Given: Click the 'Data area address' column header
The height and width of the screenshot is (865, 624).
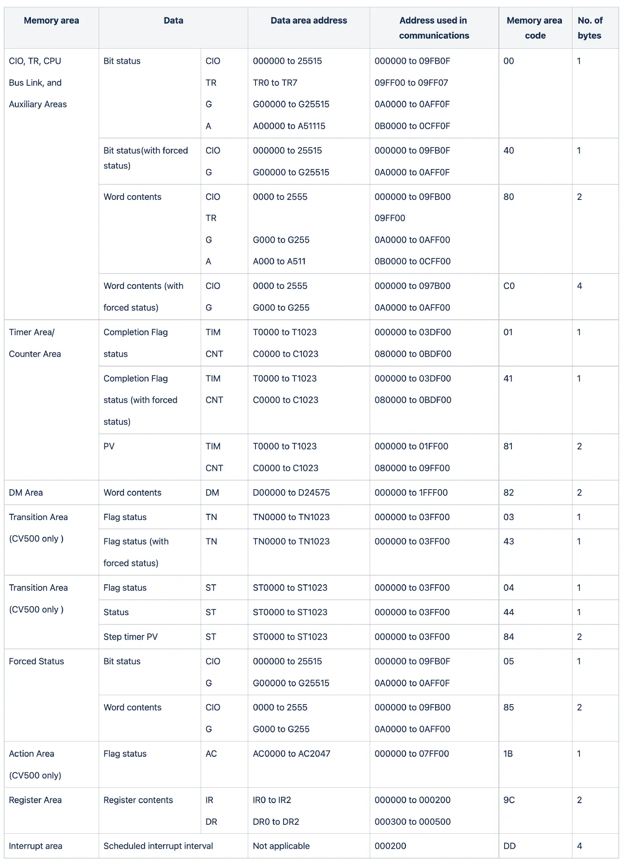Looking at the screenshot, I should click(x=309, y=20).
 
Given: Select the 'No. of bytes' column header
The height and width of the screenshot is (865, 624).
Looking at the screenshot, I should click(x=590, y=28).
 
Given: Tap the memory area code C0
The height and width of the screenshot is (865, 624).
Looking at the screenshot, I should click(x=509, y=286).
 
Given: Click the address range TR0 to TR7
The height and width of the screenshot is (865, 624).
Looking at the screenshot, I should click(x=275, y=83).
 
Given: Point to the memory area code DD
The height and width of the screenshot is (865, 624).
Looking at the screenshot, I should click(x=509, y=846).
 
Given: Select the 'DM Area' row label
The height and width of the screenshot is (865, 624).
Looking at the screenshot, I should click(x=26, y=492).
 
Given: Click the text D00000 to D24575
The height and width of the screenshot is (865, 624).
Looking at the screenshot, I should click(x=291, y=492).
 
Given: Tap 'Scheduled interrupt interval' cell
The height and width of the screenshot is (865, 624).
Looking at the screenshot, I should click(x=158, y=846).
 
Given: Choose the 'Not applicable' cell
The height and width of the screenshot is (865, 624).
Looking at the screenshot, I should click(x=281, y=846).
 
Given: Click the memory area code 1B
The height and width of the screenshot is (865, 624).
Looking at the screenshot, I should click(x=508, y=754).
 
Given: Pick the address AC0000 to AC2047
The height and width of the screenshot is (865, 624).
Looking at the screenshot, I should click(x=292, y=754).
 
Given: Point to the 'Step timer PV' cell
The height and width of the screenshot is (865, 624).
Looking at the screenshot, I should click(x=130, y=637).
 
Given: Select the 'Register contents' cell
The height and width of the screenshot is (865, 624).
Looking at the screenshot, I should click(x=138, y=800).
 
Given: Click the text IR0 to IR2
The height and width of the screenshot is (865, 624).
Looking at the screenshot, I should click(x=272, y=800).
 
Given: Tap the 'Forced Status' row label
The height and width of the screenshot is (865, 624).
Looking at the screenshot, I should click(x=37, y=661).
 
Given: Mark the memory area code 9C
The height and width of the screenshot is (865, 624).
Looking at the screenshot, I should click(x=509, y=800).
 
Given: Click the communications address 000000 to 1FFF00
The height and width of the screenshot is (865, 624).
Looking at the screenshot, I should click(x=411, y=492).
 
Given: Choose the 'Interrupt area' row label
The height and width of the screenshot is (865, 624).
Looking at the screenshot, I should click(x=36, y=846).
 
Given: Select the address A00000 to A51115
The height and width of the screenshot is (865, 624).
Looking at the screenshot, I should click(x=289, y=126).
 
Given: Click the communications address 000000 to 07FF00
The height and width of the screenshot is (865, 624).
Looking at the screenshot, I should click(x=412, y=754).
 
